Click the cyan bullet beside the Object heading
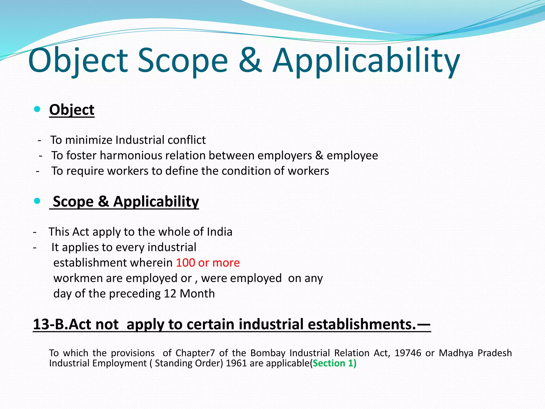pos(37,109)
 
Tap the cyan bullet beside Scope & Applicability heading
pos(37,201)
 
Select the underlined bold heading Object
pos(72,110)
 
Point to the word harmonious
pos(131,156)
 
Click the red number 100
pos(185,263)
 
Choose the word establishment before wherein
pos(90,263)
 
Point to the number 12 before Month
pos(170,294)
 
